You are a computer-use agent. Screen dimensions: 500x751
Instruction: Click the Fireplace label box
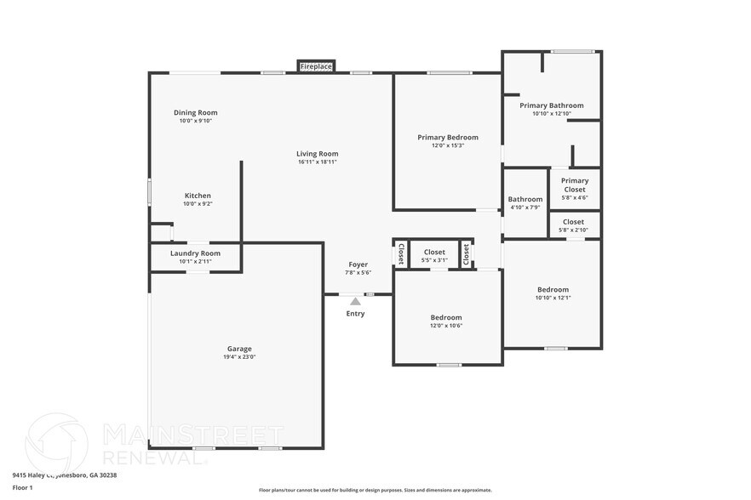coord(316,66)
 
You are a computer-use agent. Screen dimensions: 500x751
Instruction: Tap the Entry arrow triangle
coord(355,301)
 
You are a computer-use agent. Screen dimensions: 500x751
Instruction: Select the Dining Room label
coord(195,113)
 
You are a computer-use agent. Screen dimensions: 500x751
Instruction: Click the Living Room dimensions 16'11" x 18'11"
coord(318,162)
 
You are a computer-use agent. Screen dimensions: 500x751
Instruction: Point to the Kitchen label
coord(198,196)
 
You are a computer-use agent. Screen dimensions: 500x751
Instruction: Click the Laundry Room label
coord(195,253)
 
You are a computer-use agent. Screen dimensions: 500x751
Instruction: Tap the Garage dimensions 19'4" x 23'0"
coord(238,357)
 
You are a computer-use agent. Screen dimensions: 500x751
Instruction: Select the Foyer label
coord(358,264)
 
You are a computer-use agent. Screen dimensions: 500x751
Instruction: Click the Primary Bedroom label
coord(447,137)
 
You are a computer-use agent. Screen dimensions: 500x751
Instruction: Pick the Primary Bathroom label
coord(551,105)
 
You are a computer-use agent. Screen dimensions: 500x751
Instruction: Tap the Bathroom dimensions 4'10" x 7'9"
coord(525,207)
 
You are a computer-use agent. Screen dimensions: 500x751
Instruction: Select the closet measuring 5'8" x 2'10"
coord(573,225)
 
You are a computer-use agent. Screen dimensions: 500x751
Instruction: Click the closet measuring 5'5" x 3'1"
coord(434,255)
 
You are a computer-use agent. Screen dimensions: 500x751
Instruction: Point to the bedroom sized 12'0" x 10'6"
coord(445,321)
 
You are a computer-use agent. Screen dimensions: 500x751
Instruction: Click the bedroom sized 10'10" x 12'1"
coord(552,293)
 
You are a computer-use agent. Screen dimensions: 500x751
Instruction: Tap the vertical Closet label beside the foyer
coord(401,254)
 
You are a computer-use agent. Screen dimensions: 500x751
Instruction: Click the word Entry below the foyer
coord(355,314)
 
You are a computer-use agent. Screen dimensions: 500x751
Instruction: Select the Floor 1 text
coord(22,487)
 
